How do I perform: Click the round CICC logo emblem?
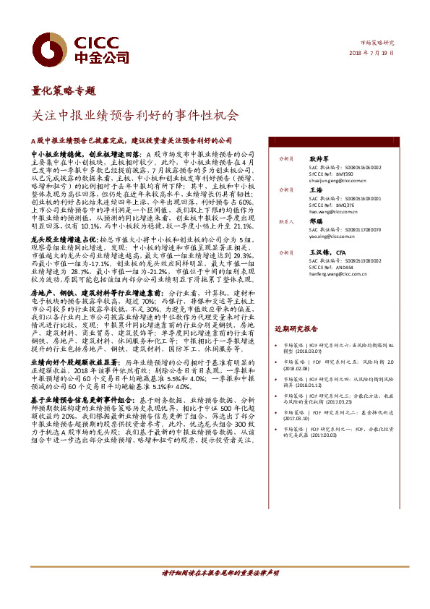[52, 48]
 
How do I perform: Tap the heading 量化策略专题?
[64, 91]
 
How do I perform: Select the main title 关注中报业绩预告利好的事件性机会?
[135, 114]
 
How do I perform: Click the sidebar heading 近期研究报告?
[296, 328]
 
